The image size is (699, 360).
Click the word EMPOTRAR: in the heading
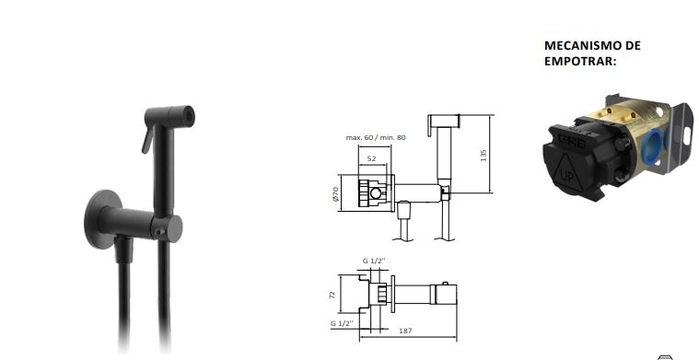click(x=580, y=62)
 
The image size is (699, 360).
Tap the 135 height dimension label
click(x=483, y=155)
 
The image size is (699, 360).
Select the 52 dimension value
click(x=371, y=158)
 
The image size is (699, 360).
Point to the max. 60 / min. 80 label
click(x=376, y=137)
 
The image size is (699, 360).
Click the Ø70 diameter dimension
click(x=335, y=194)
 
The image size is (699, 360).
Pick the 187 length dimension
click(x=405, y=331)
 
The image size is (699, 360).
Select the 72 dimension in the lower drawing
click(x=332, y=295)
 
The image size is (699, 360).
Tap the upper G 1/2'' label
click(x=374, y=261)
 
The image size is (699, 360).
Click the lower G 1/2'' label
click(x=342, y=323)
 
